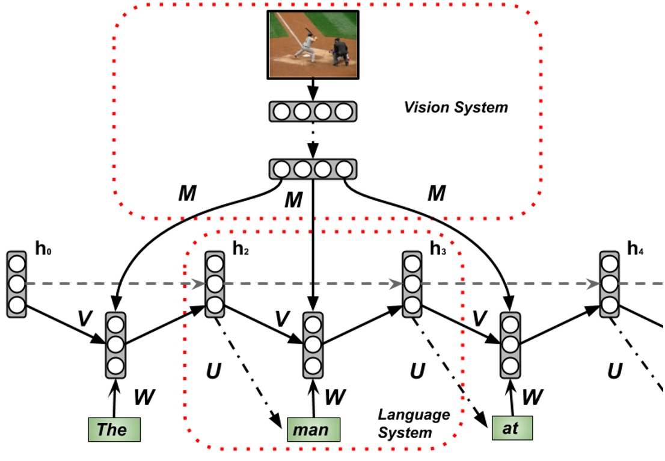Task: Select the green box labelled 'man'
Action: coord(313,430)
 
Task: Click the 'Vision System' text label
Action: coord(456,108)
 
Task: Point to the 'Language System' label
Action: coord(413,423)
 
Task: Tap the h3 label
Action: coord(438,249)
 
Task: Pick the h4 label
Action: coord(635,249)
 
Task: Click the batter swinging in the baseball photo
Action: coord(307,45)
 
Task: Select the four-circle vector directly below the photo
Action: coord(312,111)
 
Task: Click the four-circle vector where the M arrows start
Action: coord(312,169)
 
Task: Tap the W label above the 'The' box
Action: coord(144,397)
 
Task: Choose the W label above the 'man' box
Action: coord(335,397)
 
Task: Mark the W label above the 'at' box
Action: coord(533,397)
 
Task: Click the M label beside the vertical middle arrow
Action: coord(293,200)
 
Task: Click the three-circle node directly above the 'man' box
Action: coord(312,345)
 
